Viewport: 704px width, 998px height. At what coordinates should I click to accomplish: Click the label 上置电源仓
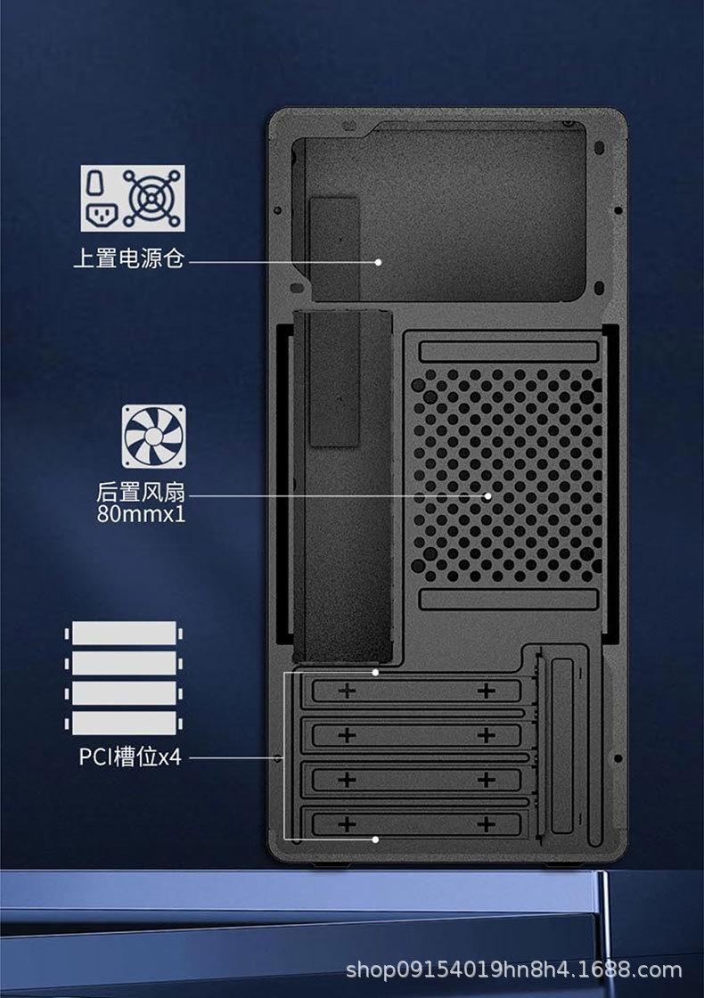coord(129,259)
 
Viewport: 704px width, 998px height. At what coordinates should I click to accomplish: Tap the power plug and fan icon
coord(133,197)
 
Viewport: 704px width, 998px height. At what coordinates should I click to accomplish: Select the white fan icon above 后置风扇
coord(154,435)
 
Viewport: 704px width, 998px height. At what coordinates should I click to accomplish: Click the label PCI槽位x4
coord(130,757)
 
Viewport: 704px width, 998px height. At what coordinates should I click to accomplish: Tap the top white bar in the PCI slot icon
coord(125,634)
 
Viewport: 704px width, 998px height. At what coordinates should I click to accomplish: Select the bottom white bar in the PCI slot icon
coord(125,722)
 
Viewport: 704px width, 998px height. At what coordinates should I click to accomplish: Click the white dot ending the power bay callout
coord(378,262)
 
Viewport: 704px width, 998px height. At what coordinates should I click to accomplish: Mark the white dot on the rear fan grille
coord(487,495)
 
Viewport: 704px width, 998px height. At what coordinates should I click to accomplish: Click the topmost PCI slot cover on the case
coord(416,691)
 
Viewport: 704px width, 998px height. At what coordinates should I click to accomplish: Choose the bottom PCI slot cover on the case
coord(416,822)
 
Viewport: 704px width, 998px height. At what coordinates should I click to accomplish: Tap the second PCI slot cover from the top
coord(416,734)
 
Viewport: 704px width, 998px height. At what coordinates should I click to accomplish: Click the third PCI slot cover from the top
coord(416,779)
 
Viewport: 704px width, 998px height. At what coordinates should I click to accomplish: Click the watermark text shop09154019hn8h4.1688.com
coord(513,969)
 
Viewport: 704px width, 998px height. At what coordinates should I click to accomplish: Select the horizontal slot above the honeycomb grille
coord(507,349)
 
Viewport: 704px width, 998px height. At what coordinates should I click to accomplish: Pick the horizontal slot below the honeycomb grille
coord(507,599)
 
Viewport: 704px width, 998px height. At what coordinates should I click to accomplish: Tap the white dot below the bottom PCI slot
coord(376,838)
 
